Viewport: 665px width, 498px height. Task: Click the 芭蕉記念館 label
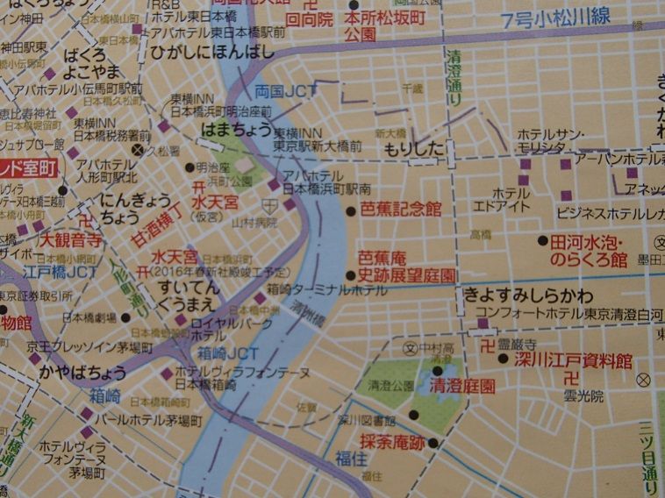399,209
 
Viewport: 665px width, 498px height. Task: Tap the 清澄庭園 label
462,386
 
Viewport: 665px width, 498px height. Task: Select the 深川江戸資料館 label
573,360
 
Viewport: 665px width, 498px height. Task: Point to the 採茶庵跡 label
392,443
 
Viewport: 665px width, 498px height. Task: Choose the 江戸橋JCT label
61,273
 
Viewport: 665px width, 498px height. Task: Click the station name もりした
415,149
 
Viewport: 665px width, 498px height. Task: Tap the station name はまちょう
232,128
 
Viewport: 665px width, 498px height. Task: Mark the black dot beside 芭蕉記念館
350,210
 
